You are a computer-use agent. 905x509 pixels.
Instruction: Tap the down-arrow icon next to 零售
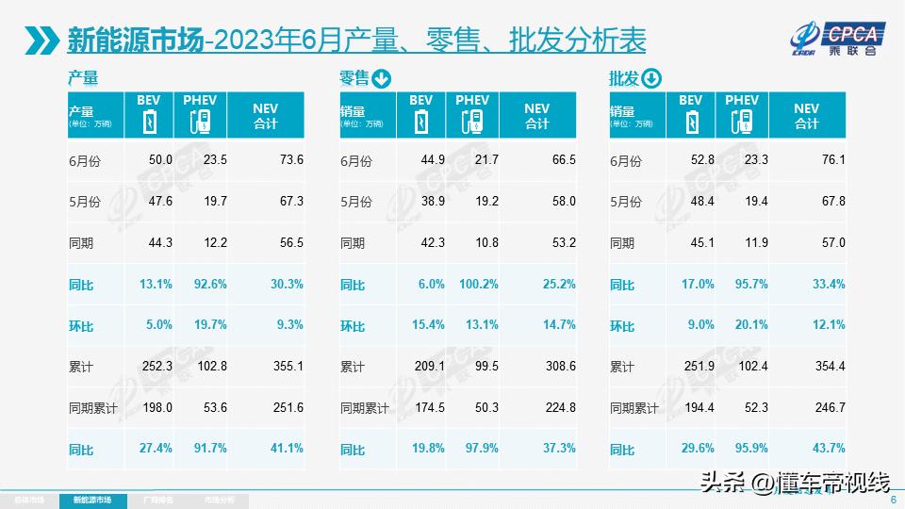pos(381,78)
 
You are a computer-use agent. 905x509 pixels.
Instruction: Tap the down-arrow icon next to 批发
pos(651,78)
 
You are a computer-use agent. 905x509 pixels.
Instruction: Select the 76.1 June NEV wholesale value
pos(829,160)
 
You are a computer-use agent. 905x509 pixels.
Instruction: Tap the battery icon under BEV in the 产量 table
pos(148,123)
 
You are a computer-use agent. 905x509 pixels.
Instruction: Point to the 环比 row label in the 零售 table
pos(353,326)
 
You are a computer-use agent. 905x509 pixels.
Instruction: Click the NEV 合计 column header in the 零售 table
pos(536,116)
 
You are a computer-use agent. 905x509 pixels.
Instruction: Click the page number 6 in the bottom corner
pos(892,501)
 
